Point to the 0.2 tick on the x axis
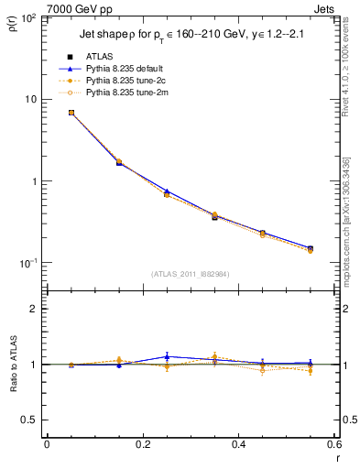click(x=142, y=444)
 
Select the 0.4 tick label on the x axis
click(x=238, y=444)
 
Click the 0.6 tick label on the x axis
click(x=333, y=444)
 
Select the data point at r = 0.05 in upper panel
click(x=71, y=113)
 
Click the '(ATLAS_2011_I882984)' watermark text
click(x=190, y=274)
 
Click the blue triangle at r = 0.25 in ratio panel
click(x=167, y=356)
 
